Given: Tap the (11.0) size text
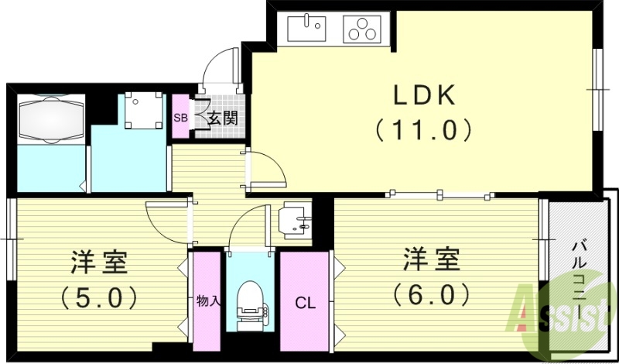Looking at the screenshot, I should click(x=423, y=129).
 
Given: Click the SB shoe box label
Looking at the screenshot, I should click(x=180, y=118).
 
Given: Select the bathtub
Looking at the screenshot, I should click(x=50, y=119).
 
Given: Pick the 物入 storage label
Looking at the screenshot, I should click(x=207, y=300).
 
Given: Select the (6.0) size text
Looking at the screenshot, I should click(x=431, y=294).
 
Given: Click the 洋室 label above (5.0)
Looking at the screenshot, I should click(x=98, y=262).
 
